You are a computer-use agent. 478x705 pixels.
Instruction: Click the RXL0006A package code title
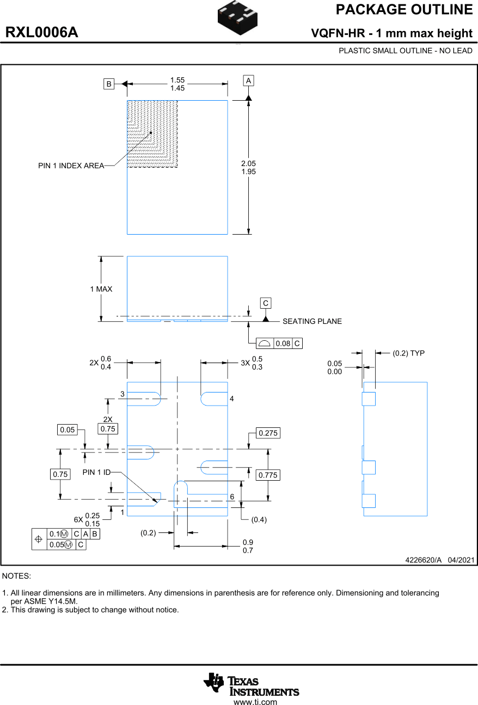pos(42,33)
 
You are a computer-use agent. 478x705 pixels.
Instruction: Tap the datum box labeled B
pos(109,84)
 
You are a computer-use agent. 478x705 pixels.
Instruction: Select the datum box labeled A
pos(248,81)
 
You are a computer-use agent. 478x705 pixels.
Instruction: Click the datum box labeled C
pos(265,303)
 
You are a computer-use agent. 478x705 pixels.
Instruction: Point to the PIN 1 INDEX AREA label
pos(71,165)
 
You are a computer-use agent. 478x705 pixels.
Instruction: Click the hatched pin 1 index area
pos(152,134)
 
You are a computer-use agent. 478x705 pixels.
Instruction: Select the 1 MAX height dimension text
pos(101,289)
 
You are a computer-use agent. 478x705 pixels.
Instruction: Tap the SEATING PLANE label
pos(312,321)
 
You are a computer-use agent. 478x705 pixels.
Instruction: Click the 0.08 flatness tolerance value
pos(283,344)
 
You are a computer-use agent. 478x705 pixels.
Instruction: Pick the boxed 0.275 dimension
pos(268,433)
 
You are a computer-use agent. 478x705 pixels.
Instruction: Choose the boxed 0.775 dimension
pos(268,475)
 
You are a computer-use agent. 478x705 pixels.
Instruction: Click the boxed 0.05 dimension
pos(68,430)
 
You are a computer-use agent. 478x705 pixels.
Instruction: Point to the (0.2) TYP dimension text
pos(408,353)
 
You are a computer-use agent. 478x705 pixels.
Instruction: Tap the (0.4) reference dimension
pos(259,520)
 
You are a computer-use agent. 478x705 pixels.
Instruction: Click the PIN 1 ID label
pos(96,472)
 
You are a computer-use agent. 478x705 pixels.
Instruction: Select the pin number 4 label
pos(231,399)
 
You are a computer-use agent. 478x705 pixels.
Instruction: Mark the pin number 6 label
pos(232,497)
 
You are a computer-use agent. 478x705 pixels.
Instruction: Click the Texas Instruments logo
pos(251,684)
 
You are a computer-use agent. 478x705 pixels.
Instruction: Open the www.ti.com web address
pos(255,702)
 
